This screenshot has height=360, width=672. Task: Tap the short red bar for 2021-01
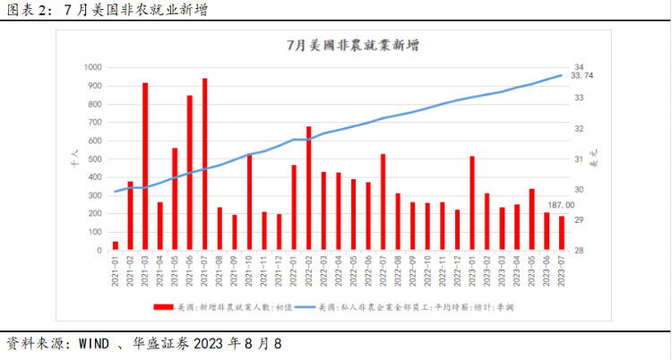click(x=115, y=245)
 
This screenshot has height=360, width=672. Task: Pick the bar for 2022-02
click(x=308, y=188)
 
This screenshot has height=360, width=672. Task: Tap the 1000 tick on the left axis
click(x=92, y=67)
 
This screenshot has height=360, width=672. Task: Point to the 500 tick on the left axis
click(x=95, y=159)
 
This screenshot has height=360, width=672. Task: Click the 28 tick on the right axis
click(x=579, y=251)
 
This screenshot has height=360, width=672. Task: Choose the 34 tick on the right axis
click(x=579, y=67)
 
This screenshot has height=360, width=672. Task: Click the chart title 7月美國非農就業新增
click(x=338, y=45)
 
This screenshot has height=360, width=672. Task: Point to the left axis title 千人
click(x=74, y=159)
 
